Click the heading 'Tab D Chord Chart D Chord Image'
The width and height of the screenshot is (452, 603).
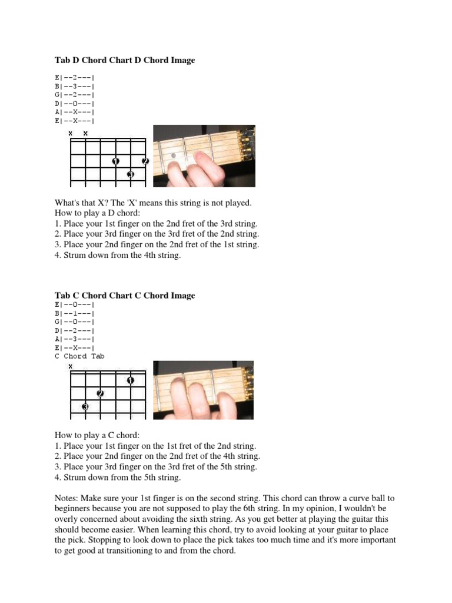coord(125,60)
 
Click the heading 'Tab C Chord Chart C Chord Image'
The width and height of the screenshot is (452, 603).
coord(125,295)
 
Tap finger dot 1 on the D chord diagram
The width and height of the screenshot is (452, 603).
coord(115,161)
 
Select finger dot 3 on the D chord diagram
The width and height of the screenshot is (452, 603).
coord(130,175)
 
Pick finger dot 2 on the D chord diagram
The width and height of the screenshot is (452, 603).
coord(145,161)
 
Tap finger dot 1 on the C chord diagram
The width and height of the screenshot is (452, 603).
coord(130,380)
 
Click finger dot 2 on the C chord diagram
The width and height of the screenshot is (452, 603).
coord(101,393)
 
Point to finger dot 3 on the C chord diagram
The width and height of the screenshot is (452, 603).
coord(85,407)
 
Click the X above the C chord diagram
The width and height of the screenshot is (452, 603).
coord(71,366)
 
